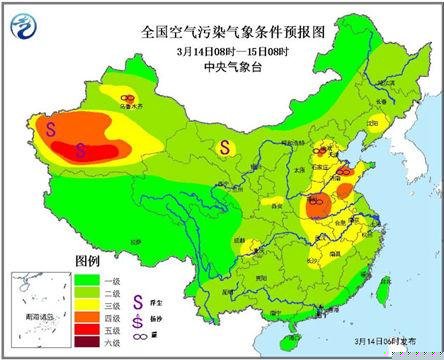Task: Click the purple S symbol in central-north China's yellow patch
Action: [x=226, y=147]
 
